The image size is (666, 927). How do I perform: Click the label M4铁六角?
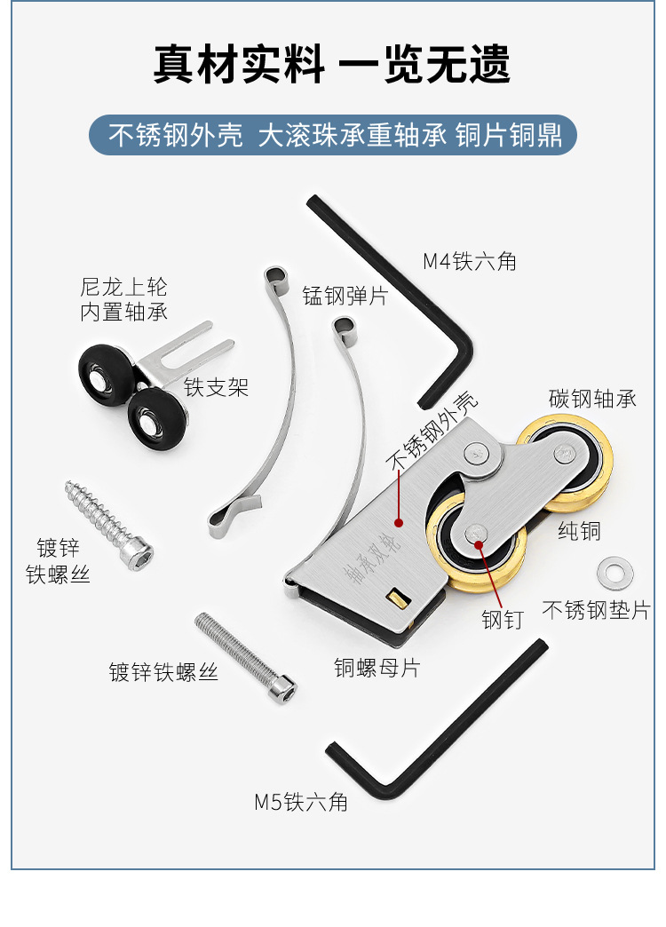pos(470,261)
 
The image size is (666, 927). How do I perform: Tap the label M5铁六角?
pos(301,803)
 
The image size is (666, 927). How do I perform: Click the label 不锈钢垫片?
pos(596,610)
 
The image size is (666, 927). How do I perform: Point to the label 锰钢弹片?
pos(345,296)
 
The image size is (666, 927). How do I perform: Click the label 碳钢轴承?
pos(592,399)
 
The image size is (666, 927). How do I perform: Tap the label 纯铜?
pos(579,531)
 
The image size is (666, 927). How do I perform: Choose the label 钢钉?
pos(503,620)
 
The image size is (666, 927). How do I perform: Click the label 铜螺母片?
pos(377,668)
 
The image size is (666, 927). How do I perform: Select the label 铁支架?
pos(216,387)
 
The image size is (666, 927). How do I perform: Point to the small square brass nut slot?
pos(398,598)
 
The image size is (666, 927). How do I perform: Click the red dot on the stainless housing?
pos(400,523)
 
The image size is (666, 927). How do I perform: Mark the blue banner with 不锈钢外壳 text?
pos(333,135)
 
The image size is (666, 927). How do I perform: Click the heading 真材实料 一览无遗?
pos(332,64)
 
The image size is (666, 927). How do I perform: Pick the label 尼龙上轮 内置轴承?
pos(124,300)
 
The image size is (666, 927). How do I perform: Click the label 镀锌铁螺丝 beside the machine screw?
pos(164,672)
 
